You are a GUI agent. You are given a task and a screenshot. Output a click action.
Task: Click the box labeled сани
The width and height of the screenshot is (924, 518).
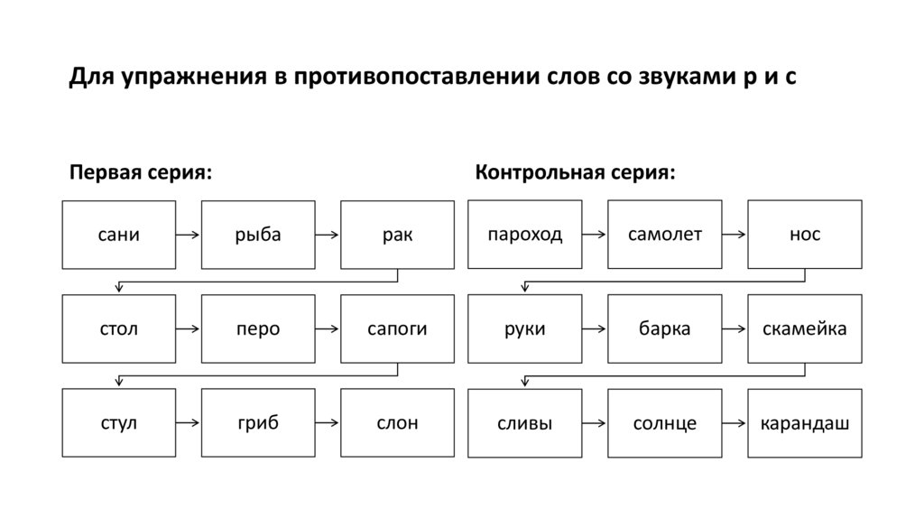coord(118,235)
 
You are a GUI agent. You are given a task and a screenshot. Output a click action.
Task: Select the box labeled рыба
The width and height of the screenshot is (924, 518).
coord(258,235)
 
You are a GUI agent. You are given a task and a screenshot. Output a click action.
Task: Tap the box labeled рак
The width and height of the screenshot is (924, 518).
coord(397,235)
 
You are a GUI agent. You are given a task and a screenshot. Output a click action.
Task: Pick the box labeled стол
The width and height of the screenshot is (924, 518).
coord(118,329)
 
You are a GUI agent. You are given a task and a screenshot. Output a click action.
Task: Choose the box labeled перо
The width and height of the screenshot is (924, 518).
coord(258,329)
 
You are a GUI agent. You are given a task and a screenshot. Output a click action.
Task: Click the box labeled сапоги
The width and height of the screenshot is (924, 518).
coord(397,329)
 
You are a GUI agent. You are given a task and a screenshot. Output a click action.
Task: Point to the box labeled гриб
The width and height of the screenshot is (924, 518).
coord(258,423)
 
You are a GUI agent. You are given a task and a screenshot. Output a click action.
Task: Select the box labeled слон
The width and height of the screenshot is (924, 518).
coord(397,423)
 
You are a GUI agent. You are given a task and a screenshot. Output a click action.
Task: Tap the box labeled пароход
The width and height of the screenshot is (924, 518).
coord(525,235)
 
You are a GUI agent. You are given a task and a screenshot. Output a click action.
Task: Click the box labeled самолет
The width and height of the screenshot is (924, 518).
coord(664,235)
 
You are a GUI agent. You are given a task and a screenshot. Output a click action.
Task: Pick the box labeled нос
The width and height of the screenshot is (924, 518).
coord(804,235)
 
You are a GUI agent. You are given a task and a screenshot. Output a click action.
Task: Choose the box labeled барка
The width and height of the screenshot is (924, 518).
coord(664,329)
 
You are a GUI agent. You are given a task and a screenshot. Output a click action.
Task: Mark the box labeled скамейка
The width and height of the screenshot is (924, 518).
coord(804,329)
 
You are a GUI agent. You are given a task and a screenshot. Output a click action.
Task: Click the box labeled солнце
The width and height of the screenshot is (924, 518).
coord(664,423)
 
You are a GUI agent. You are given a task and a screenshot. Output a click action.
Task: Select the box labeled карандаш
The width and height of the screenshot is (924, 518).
coord(804,423)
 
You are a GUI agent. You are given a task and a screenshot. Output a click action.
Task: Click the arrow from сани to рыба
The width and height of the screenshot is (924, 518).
coord(188,236)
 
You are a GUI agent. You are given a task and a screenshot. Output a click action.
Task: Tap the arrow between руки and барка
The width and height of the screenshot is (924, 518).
coord(595,329)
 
